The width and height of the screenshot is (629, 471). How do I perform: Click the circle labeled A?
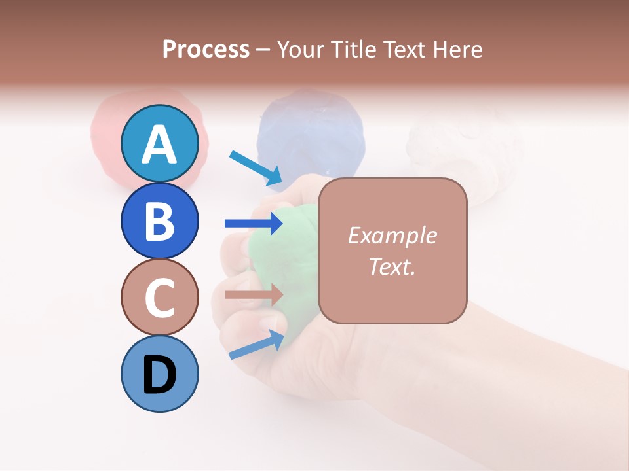pos(160,144)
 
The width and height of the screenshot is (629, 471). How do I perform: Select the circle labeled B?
pos(160,220)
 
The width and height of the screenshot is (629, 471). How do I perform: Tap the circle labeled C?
pos(160,297)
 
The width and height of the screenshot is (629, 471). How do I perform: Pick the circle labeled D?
pos(160,374)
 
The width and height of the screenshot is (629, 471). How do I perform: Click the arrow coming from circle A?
pos(256,167)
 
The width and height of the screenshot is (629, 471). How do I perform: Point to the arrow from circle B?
pos(254,224)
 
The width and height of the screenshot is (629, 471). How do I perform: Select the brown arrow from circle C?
pos(254,295)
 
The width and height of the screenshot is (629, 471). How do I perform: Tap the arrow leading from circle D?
pos(257,345)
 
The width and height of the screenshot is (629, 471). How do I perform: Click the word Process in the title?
pos(206,49)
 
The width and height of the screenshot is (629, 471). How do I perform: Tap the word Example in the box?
pos(392,235)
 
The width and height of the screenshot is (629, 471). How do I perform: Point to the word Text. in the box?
pos(392,266)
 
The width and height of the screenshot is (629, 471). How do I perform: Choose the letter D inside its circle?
pos(160,375)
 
